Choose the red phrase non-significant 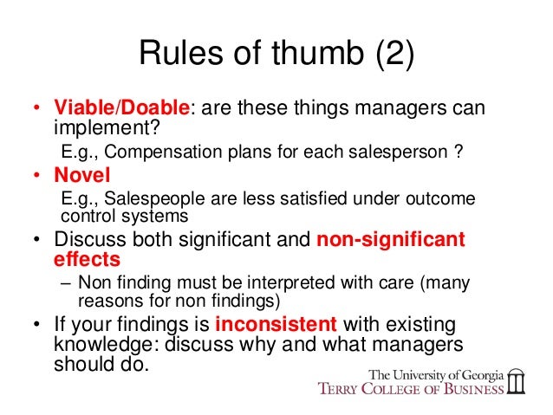(x=390, y=239)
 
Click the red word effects (x=86, y=258)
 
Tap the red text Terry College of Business (x=413, y=389)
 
